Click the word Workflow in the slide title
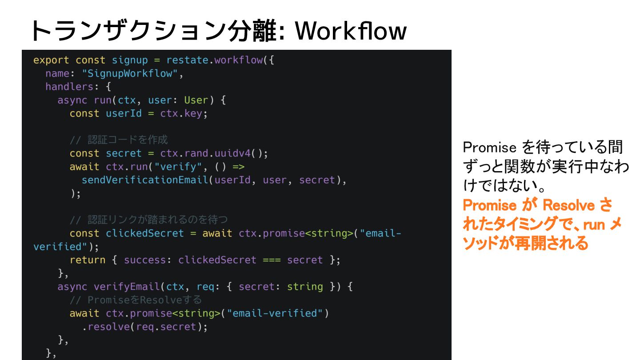pos(351,31)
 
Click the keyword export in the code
pos(51,60)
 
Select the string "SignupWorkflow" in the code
pos(132,73)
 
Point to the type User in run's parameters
pos(196,100)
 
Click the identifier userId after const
pos(124,113)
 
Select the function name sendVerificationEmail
pos(145,180)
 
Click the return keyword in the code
pos(87,260)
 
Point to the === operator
pos(272,260)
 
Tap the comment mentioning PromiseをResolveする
pos(136,300)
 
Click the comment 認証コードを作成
pos(119,140)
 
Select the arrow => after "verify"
pos(239,167)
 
